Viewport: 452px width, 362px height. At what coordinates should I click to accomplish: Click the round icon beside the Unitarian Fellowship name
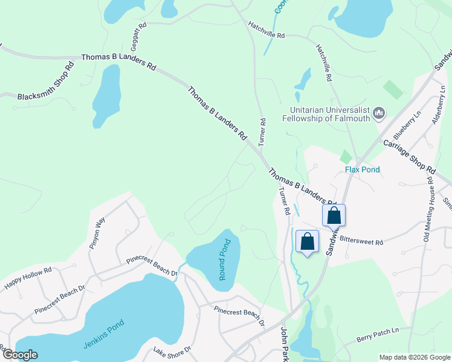coord(379,112)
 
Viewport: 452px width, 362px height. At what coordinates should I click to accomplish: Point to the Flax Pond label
coord(363,170)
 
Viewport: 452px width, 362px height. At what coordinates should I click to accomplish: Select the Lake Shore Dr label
coord(172,352)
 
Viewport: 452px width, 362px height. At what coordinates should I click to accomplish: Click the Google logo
coord(19,355)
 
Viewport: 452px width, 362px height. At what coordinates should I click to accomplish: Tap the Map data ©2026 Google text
coord(414,357)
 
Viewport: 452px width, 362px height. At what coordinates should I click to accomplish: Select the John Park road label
coord(283,344)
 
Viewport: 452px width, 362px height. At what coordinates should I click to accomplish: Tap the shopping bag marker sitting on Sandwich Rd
coord(334,215)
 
